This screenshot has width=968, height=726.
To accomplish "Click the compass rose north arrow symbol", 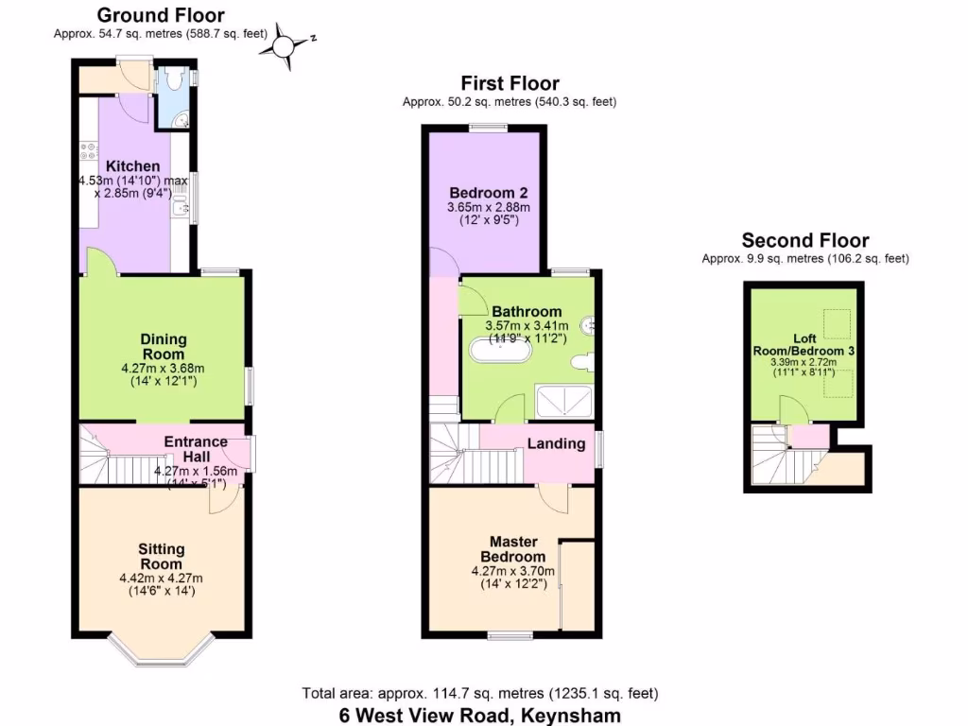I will tap(285, 43).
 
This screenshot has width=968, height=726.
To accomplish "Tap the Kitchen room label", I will tap(132, 166).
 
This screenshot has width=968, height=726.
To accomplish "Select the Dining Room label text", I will tap(164, 346).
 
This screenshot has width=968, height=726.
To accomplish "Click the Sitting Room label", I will tap(162, 556).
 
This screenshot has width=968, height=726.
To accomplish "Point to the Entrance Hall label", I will tap(196, 448).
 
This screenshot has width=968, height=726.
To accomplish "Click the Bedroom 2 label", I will tap(489, 193).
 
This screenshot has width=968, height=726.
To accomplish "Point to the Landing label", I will tap(556, 443).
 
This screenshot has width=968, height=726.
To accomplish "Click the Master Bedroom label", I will tap(513, 549).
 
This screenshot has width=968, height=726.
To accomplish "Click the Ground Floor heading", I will tap(161, 15).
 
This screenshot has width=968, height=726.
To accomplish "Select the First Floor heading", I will tap(510, 84).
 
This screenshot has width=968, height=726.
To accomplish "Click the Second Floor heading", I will tap(804, 240).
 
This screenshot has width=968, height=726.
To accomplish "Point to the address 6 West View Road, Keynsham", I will tap(480, 716).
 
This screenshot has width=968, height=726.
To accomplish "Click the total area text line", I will tap(480, 693).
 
